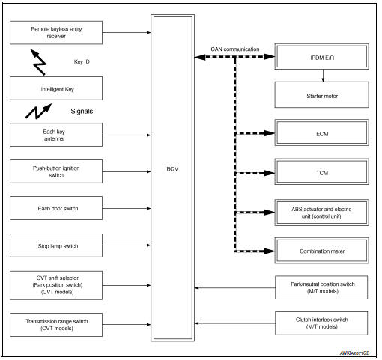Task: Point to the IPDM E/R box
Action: pyautogui.click(x=321, y=57)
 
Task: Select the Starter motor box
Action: pyautogui.click(x=321, y=94)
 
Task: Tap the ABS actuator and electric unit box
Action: pyautogui.click(x=321, y=211)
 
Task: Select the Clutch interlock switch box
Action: pyautogui.click(x=321, y=323)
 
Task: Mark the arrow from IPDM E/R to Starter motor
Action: pyautogui.click(x=323, y=75)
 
